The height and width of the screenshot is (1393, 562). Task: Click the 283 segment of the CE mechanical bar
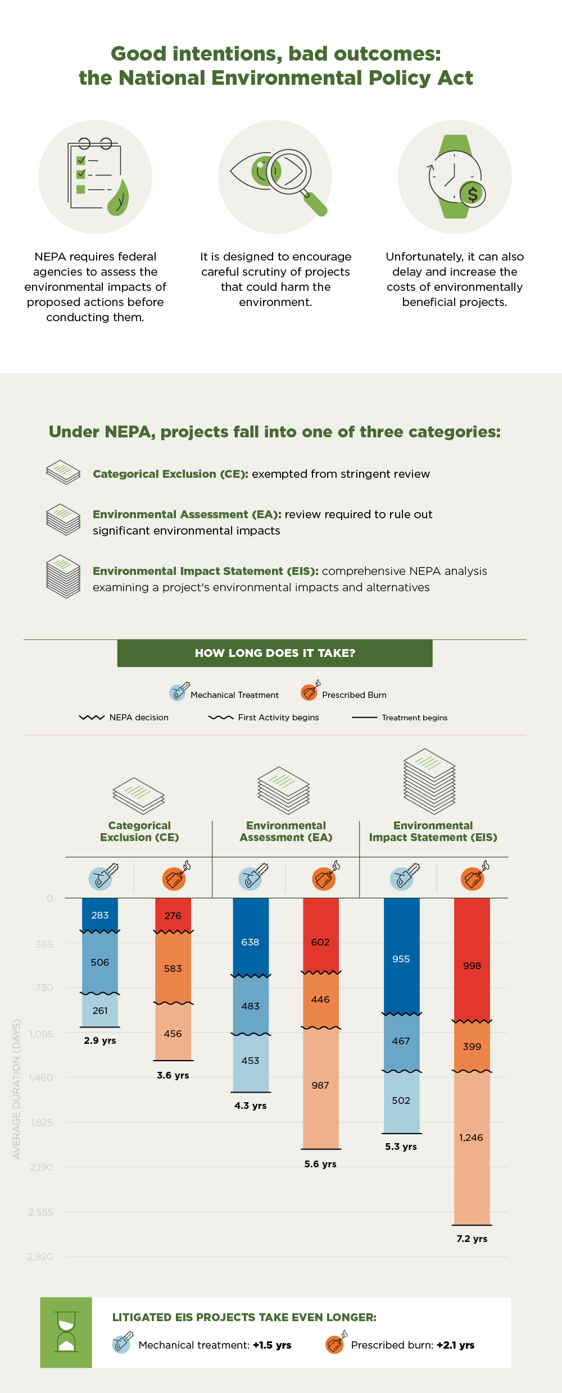100,915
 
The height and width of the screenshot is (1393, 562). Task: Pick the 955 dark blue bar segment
401,959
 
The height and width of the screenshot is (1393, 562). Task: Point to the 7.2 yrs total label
472,1239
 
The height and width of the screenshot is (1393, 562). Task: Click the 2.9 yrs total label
100,1040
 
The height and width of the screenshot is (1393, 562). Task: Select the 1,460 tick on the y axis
42,1077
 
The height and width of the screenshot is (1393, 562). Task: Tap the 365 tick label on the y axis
44,944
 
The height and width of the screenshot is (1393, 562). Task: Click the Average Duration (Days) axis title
16,1089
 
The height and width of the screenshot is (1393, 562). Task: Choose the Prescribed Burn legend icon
310,692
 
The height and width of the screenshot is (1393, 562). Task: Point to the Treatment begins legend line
364,718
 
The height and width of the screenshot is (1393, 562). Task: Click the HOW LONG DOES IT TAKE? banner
275,653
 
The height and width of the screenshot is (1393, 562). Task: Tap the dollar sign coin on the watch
473,194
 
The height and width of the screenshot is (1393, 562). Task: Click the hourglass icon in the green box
66,1332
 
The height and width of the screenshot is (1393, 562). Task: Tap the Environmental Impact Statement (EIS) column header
433,831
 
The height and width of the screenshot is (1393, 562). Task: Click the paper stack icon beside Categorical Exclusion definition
64,472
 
